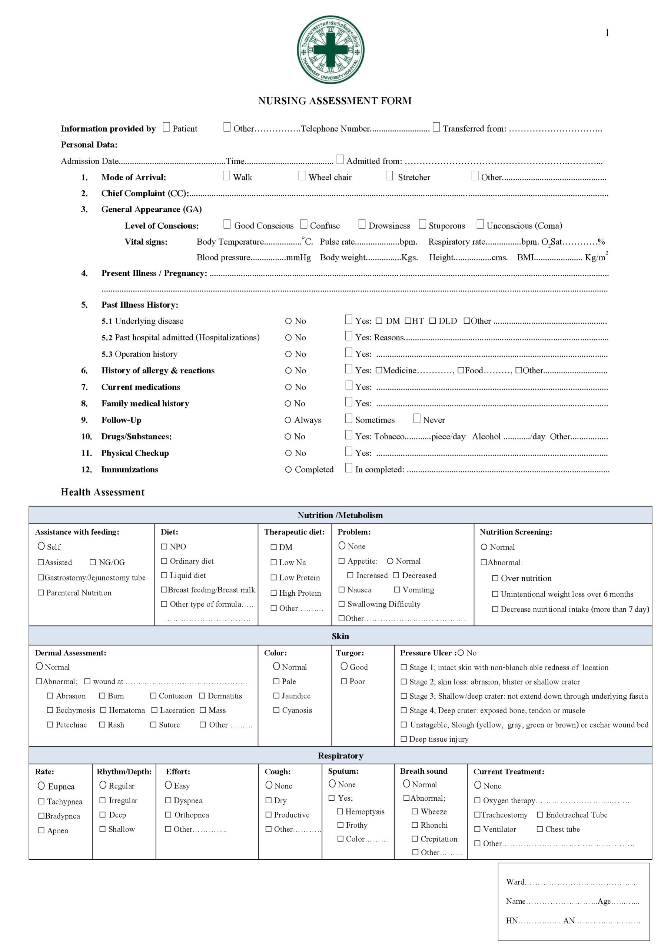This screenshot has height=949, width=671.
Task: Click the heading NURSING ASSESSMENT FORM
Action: tap(335, 101)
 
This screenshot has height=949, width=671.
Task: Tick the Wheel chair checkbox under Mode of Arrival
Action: tap(302, 176)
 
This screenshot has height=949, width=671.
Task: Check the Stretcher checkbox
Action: tap(389, 176)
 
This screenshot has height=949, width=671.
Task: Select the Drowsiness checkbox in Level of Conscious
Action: tap(362, 224)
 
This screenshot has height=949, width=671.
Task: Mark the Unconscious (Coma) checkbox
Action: tap(480, 224)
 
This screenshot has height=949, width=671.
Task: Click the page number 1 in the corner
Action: tap(607, 33)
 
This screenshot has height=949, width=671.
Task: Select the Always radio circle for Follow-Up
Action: tap(288, 420)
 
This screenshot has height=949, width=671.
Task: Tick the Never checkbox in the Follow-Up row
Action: tap(417, 419)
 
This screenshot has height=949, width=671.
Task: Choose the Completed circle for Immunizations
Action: tap(288, 470)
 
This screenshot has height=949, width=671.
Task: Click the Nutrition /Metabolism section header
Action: tap(340, 515)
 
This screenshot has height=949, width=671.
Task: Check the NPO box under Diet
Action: tap(164, 547)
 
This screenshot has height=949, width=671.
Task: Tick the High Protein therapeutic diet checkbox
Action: tap(273, 593)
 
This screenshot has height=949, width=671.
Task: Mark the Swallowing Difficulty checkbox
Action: tap(342, 604)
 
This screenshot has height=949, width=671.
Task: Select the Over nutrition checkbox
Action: tap(495, 579)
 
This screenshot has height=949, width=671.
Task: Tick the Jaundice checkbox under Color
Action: tap(276, 696)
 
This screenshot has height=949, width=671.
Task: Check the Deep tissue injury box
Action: tap(403, 739)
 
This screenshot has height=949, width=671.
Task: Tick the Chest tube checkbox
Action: tap(539, 829)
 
